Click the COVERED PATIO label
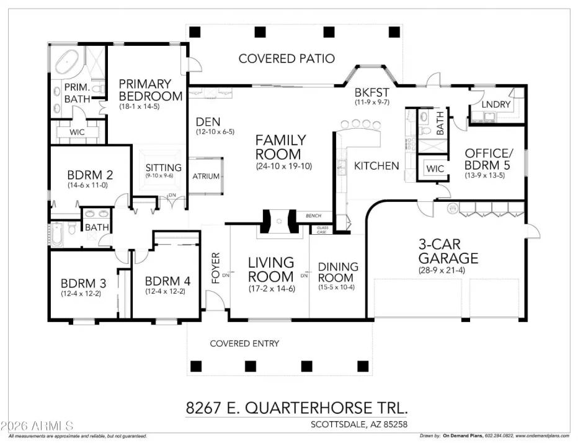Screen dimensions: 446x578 point(287,59)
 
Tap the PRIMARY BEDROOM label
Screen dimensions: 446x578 point(150,90)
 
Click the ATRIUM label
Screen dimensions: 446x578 point(206,176)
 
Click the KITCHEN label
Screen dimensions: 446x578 point(376,165)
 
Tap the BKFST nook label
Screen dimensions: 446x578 point(371,92)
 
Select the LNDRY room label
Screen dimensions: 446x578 point(496,105)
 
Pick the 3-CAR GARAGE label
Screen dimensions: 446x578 point(448,251)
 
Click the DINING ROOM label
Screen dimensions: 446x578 point(338,273)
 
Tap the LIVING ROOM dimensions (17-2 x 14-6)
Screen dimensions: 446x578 point(271,289)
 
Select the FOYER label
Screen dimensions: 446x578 point(216,268)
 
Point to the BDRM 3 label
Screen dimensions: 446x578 point(84,283)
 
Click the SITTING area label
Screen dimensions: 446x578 point(163,168)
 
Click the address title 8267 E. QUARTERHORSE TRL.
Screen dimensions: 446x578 point(298,408)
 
